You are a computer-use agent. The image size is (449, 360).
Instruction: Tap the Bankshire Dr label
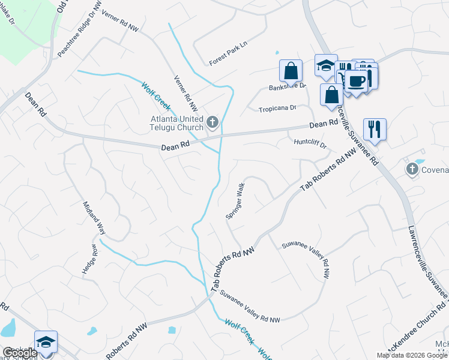pos(287,86)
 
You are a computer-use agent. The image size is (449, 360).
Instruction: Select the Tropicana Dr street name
pos(277,109)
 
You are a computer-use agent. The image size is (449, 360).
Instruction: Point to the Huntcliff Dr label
pos(310,143)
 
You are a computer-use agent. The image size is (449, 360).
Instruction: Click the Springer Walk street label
pos(235,201)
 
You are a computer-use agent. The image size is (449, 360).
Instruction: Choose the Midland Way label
pos(94,218)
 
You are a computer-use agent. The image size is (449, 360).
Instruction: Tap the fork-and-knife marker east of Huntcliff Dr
pos(374,128)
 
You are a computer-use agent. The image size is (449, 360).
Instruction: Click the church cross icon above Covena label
pos(412,169)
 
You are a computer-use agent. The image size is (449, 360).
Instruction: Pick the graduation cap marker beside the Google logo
pos(46,341)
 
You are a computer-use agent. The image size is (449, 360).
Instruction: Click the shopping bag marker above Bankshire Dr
pos(291,71)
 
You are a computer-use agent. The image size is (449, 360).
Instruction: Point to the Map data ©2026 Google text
pos(412,355)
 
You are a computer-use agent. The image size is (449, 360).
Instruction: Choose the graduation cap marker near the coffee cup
pos(326,65)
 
